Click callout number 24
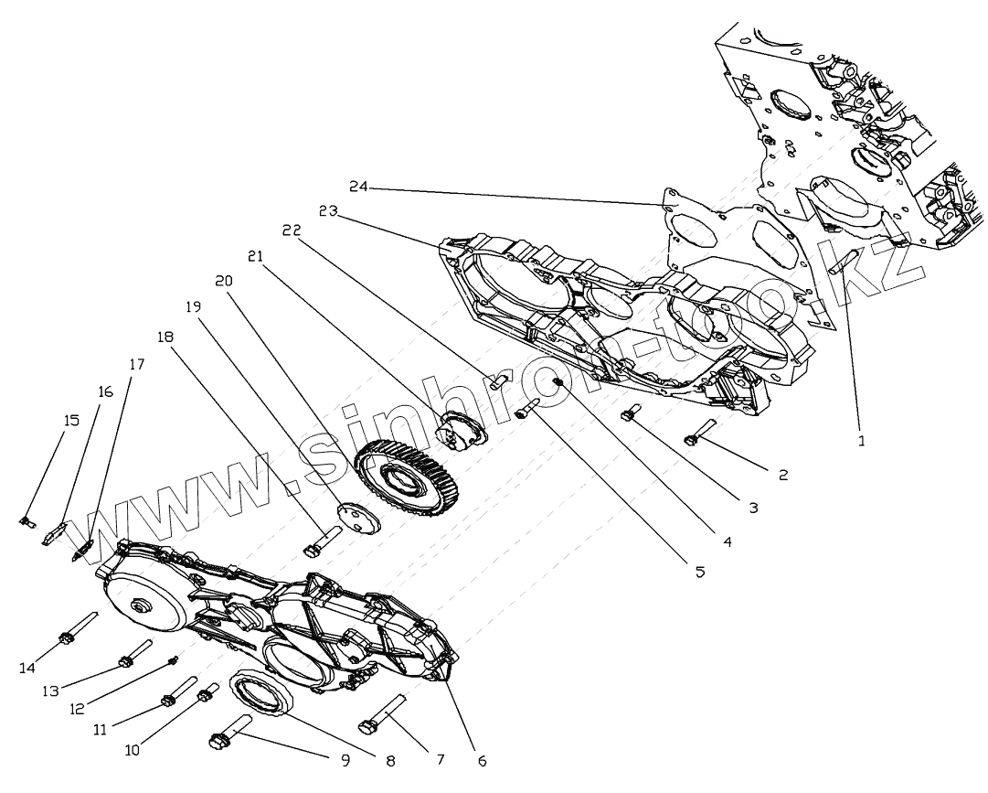(x=357, y=187)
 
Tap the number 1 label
(x=860, y=440)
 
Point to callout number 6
(x=482, y=760)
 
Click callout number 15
(x=71, y=420)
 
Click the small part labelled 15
(x=27, y=522)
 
